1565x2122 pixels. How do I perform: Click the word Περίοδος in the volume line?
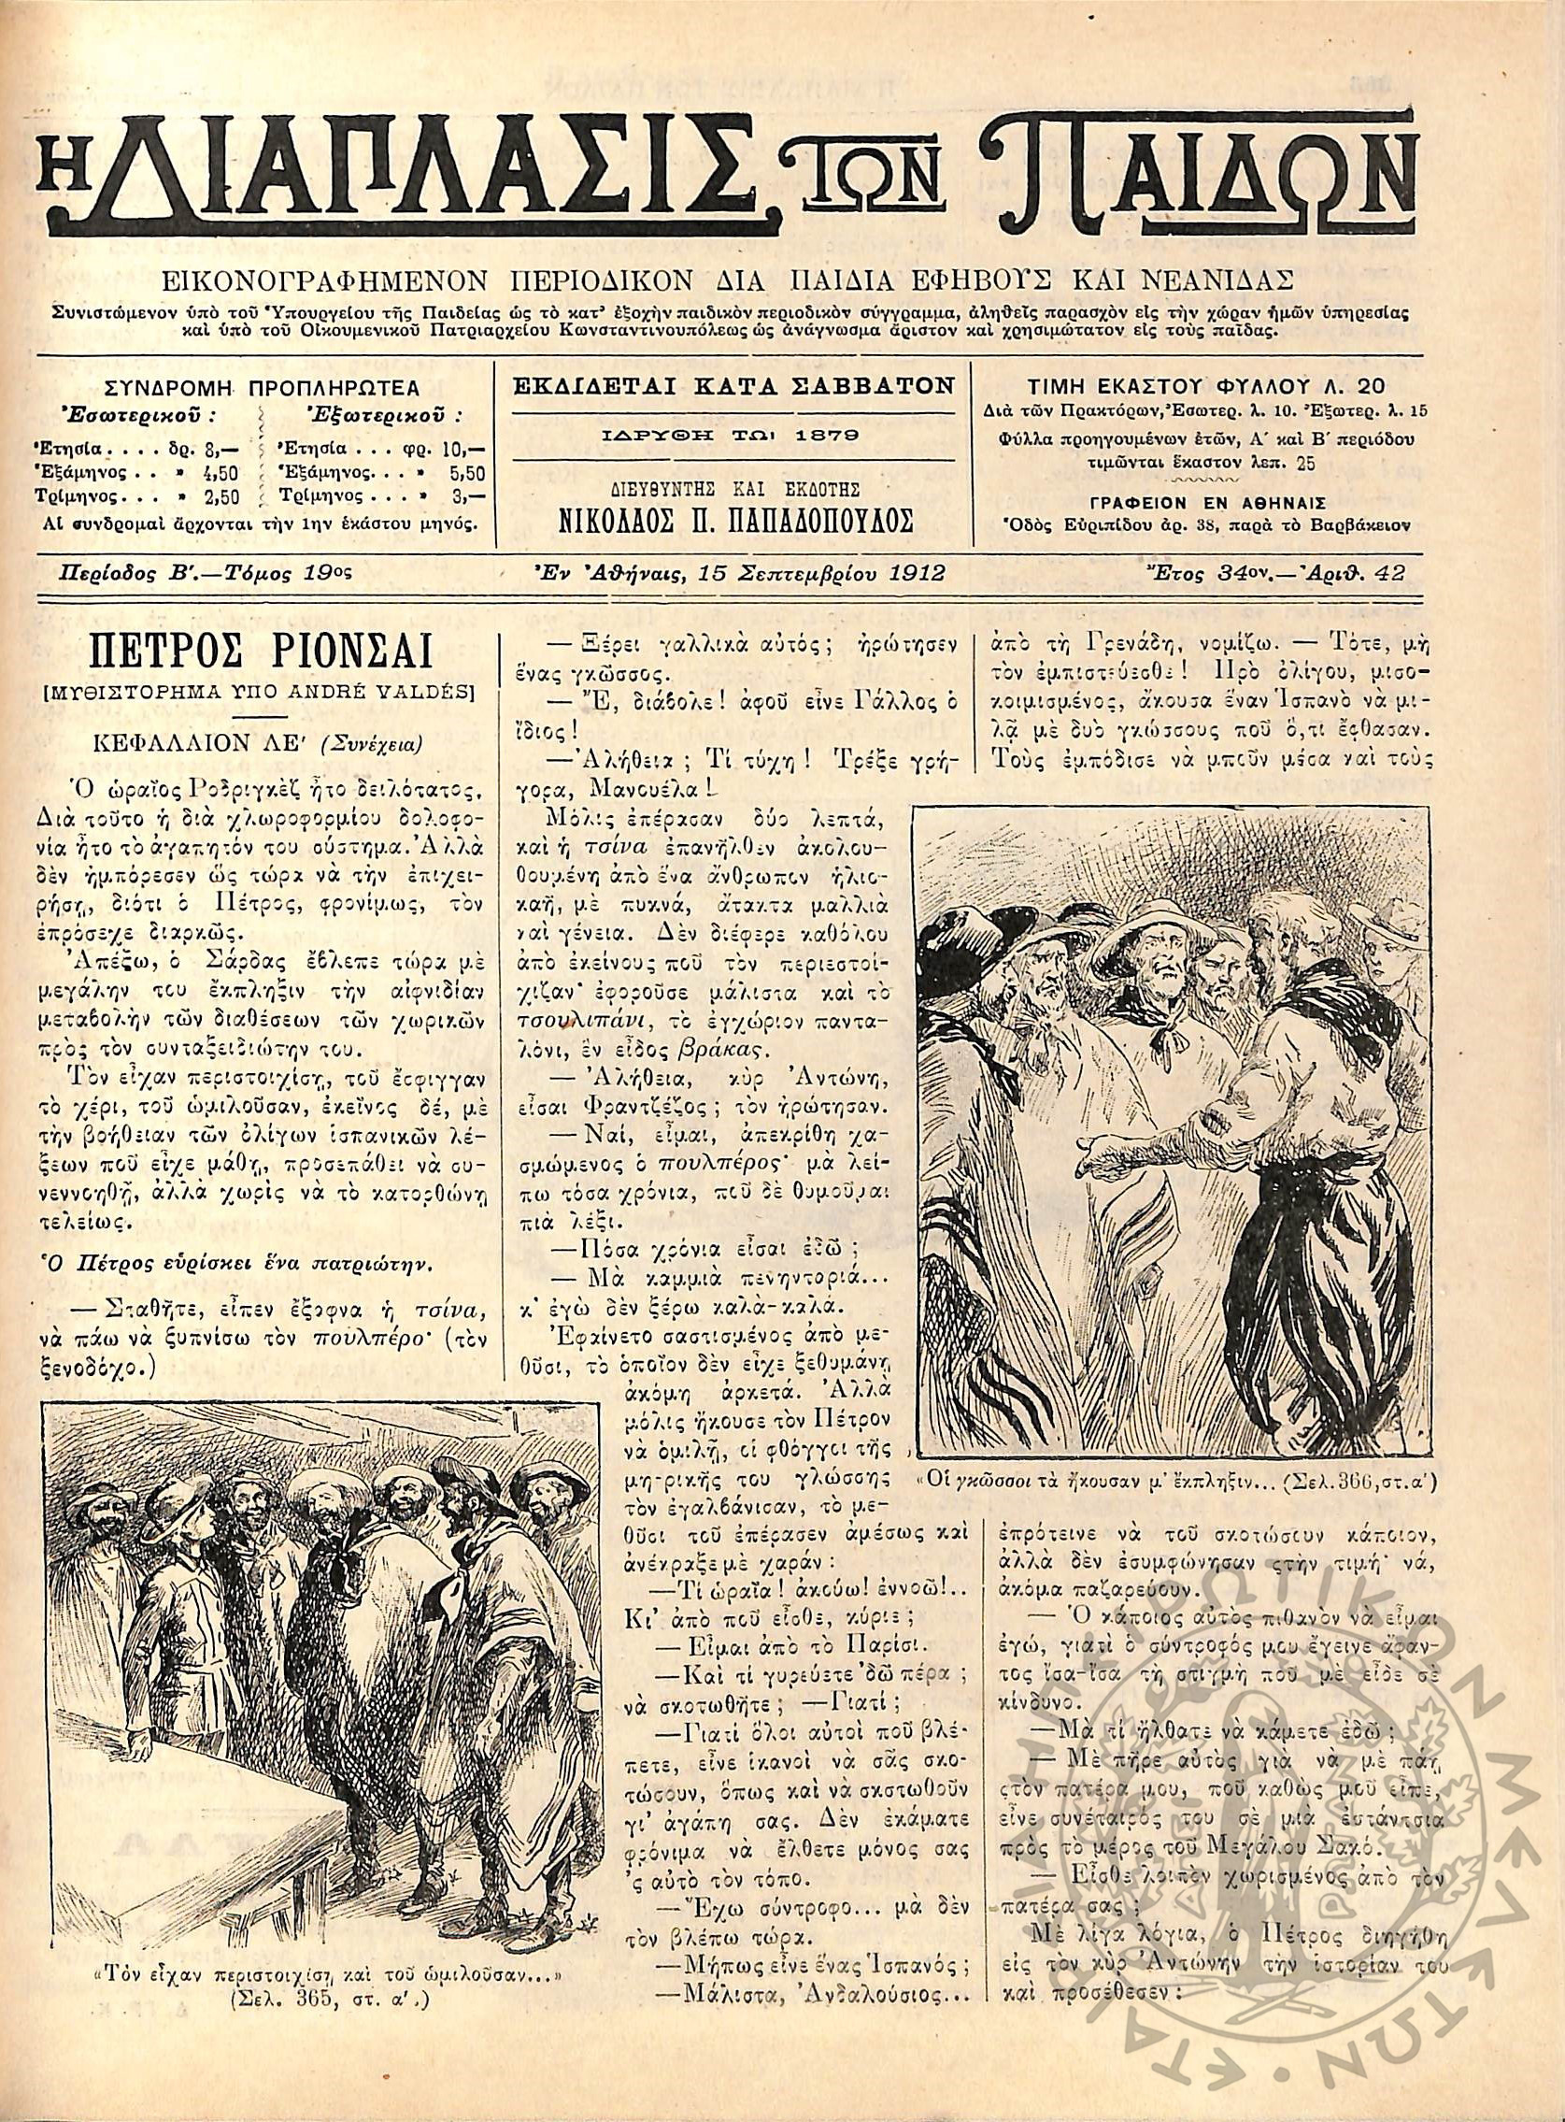point(99,572)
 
